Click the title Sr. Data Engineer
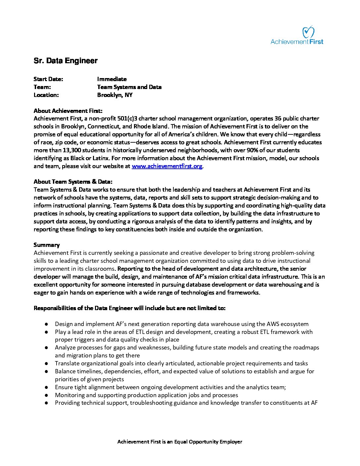[66, 61]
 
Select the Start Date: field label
[48, 79]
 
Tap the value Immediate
[112, 79]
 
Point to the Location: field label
[46, 95]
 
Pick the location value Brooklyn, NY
[115, 95]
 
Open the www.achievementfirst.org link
[167, 166]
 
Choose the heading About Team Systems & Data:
[73, 182]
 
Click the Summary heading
[47, 245]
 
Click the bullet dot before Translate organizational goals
[47, 364]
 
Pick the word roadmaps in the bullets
[306, 348]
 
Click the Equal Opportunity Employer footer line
[180, 442]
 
